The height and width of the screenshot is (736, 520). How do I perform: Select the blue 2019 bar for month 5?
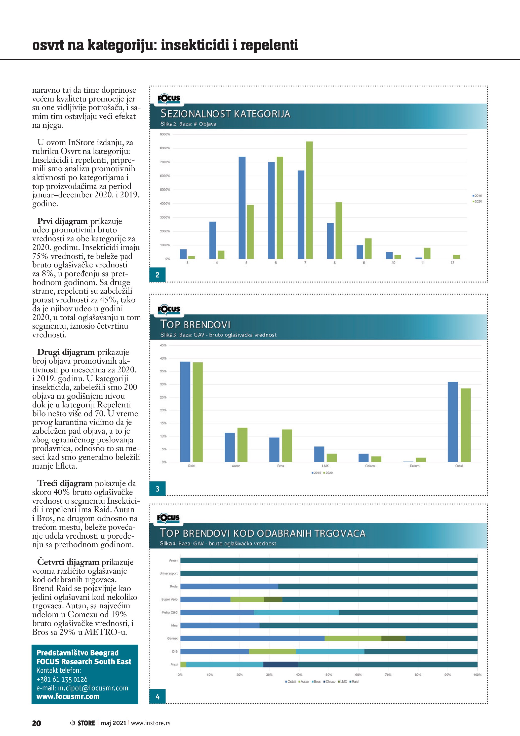pos(242,207)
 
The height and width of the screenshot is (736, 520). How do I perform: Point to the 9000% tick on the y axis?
pos(165,134)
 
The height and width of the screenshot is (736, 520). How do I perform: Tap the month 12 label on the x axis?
pos(452,263)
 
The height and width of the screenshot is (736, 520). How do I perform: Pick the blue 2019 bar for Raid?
pos(185,412)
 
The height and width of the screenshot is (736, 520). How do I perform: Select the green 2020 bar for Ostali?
pos(466,425)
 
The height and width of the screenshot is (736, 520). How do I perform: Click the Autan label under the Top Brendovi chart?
pos(236,466)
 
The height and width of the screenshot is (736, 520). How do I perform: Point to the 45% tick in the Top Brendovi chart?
pos(163,345)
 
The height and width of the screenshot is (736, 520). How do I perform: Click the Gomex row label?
pos(172,638)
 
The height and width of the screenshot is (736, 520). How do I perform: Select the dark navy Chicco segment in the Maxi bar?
pos(281,664)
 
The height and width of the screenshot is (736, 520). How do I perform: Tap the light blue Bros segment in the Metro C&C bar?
pos(296,612)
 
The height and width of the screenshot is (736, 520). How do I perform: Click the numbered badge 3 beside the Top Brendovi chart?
pos(157,489)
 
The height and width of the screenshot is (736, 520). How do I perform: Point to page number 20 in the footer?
pos(36,723)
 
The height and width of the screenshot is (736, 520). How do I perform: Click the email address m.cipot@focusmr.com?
pos(82,688)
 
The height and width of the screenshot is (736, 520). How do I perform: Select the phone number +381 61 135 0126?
pos(62,679)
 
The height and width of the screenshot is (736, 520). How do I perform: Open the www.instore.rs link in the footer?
pos(150,723)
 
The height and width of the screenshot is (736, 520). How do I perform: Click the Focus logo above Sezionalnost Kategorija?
pos(168,98)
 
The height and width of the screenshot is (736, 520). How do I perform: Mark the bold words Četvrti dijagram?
pos(68,562)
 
